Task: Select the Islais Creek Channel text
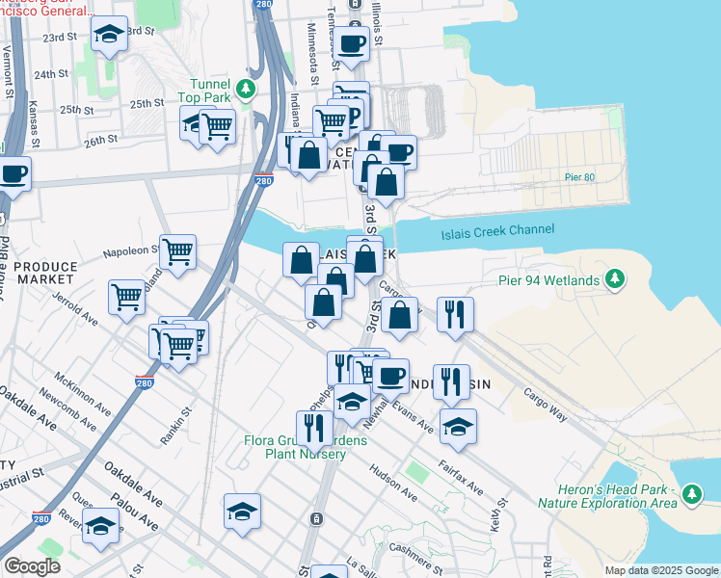pos(497,230)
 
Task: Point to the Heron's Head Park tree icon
pos(691,494)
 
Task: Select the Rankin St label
pos(176,424)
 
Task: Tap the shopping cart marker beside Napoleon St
pos(178,252)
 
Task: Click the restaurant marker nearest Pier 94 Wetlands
pos(455,314)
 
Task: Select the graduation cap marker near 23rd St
pos(110,37)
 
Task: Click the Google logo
pos(33,566)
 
